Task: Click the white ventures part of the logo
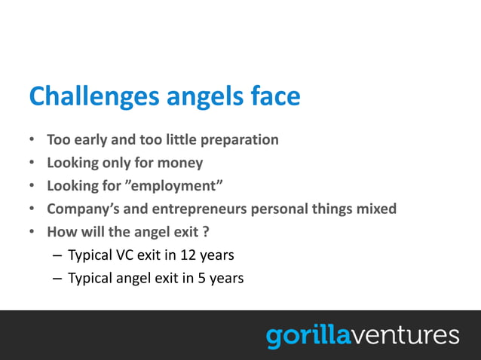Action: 405,334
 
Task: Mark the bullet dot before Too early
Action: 32,141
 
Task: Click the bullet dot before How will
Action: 32,232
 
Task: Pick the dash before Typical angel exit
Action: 57,278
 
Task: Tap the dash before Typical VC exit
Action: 57,255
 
